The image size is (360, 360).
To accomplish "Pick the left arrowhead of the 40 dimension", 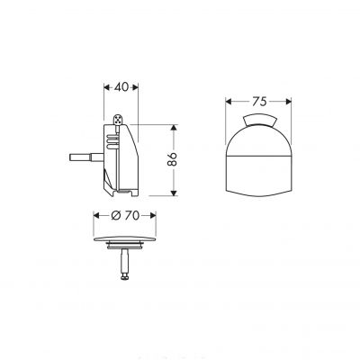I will tap(101, 88).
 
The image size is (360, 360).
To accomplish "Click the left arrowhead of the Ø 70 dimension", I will tap(96, 218).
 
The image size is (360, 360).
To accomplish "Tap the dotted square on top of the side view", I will tap(121, 117).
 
